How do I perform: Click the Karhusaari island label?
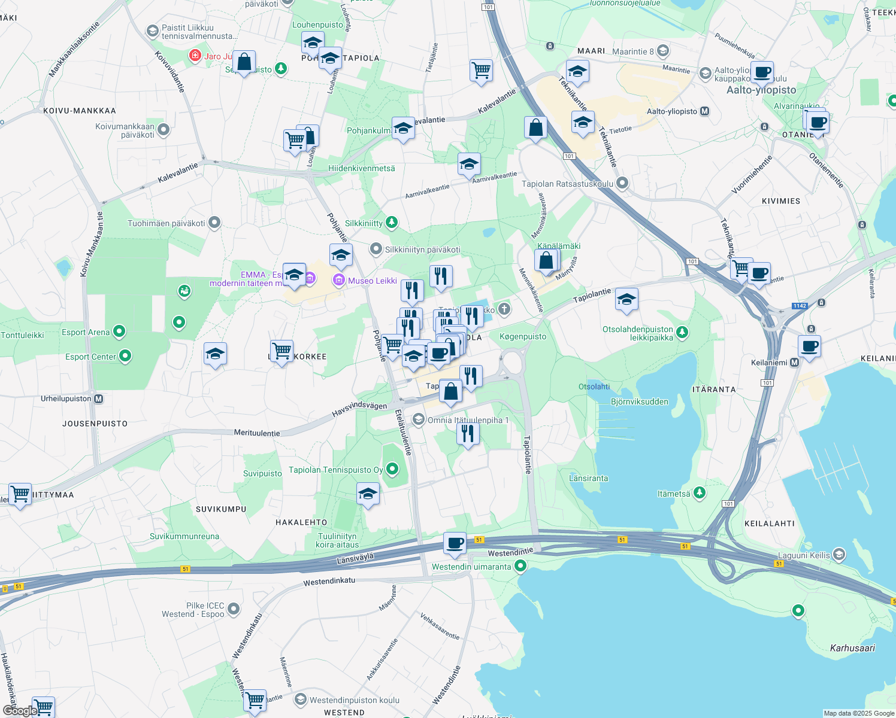(x=852, y=648)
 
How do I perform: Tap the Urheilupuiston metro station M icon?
(x=99, y=399)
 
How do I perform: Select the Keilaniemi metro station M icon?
(x=794, y=363)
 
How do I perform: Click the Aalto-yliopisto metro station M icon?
(x=704, y=111)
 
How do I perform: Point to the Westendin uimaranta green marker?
(x=520, y=565)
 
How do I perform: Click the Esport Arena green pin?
(x=119, y=331)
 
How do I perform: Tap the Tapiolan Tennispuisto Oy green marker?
(x=392, y=469)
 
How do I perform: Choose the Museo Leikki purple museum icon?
(x=339, y=280)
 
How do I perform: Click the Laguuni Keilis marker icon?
(x=839, y=555)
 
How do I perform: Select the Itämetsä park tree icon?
(x=699, y=493)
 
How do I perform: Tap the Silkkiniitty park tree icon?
(x=391, y=223)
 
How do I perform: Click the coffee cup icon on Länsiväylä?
(x=455, y=543)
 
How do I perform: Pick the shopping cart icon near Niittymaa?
(x=20, y=494)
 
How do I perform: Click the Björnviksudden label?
(x=639, y=401)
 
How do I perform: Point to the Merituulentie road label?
(x=257, y=433)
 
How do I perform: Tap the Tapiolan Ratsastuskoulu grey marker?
(x=622, y=183)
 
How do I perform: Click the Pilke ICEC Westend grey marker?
(x=234, y=609)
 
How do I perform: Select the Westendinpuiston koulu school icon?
(x=300, y=699)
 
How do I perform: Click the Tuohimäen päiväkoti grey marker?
(x=214, y=223)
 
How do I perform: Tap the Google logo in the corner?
(x=19, y=711)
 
